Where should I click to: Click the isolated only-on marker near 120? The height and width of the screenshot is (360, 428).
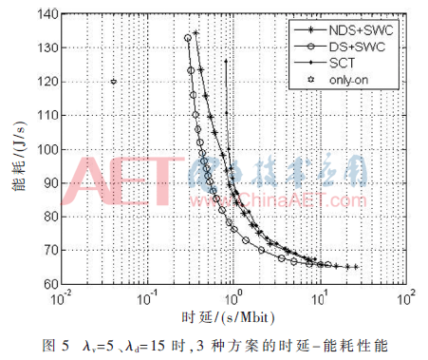(113, 82)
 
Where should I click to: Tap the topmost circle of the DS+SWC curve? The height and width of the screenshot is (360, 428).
(188, 38)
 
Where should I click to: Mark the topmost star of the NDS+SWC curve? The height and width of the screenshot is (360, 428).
(196, 33)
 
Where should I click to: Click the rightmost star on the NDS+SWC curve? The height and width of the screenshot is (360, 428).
(356, 267)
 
